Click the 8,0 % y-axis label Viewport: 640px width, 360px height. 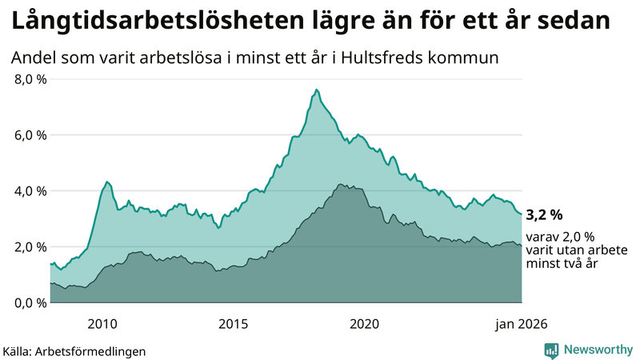click(x=30, y=79)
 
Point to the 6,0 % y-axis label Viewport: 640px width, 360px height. click(x=30, y=135)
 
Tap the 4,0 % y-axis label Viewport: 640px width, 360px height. click(x=30, y=191)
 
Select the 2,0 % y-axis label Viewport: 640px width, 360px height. click(x=30, y=247)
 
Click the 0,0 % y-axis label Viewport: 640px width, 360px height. click(x=30, y=302)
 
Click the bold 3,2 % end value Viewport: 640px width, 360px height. click(x=545, y=214)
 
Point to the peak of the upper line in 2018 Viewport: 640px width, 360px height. click(x=317, y=90)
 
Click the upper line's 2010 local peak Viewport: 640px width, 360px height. click(x=107, y=182)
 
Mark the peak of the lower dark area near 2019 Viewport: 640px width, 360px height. click(x=341, y=185)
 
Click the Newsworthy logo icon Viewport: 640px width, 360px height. click(x=551, y=350)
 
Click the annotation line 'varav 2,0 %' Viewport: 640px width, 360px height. click(x=561, y=237)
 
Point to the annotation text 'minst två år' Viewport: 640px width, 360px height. click(x=561, y=264)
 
